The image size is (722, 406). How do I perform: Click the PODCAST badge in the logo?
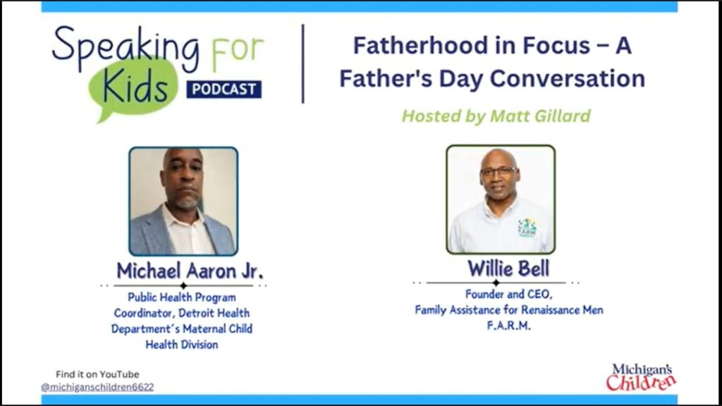(x=224, y=90)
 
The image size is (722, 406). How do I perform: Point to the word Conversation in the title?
(x=567, y=79)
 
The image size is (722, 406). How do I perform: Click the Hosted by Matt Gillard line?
(x=496, y=116)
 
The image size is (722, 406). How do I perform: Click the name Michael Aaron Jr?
(x=190, y=271)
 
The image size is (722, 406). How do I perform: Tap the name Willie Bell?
(x=508, y=269)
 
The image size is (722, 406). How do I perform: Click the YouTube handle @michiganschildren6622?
(x=97, y=387)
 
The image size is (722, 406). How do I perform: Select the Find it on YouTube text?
(x=97, y=374)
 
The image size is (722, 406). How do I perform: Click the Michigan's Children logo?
(x=641, y=378)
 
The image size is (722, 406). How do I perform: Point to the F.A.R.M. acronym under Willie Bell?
(x=509, y=326)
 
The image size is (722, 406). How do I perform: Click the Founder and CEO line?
(x=508, y=294)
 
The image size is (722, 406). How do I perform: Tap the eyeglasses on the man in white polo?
(x=498, y=171)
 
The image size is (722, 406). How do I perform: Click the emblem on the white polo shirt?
(x=527, y=228)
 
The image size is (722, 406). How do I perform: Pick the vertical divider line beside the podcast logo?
(x=303, y=63)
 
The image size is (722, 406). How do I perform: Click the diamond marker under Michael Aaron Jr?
(x=183, y=285)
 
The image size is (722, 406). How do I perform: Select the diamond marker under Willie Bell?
(x=496, y=283)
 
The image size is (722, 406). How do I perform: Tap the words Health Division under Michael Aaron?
(x=182, y=344)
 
